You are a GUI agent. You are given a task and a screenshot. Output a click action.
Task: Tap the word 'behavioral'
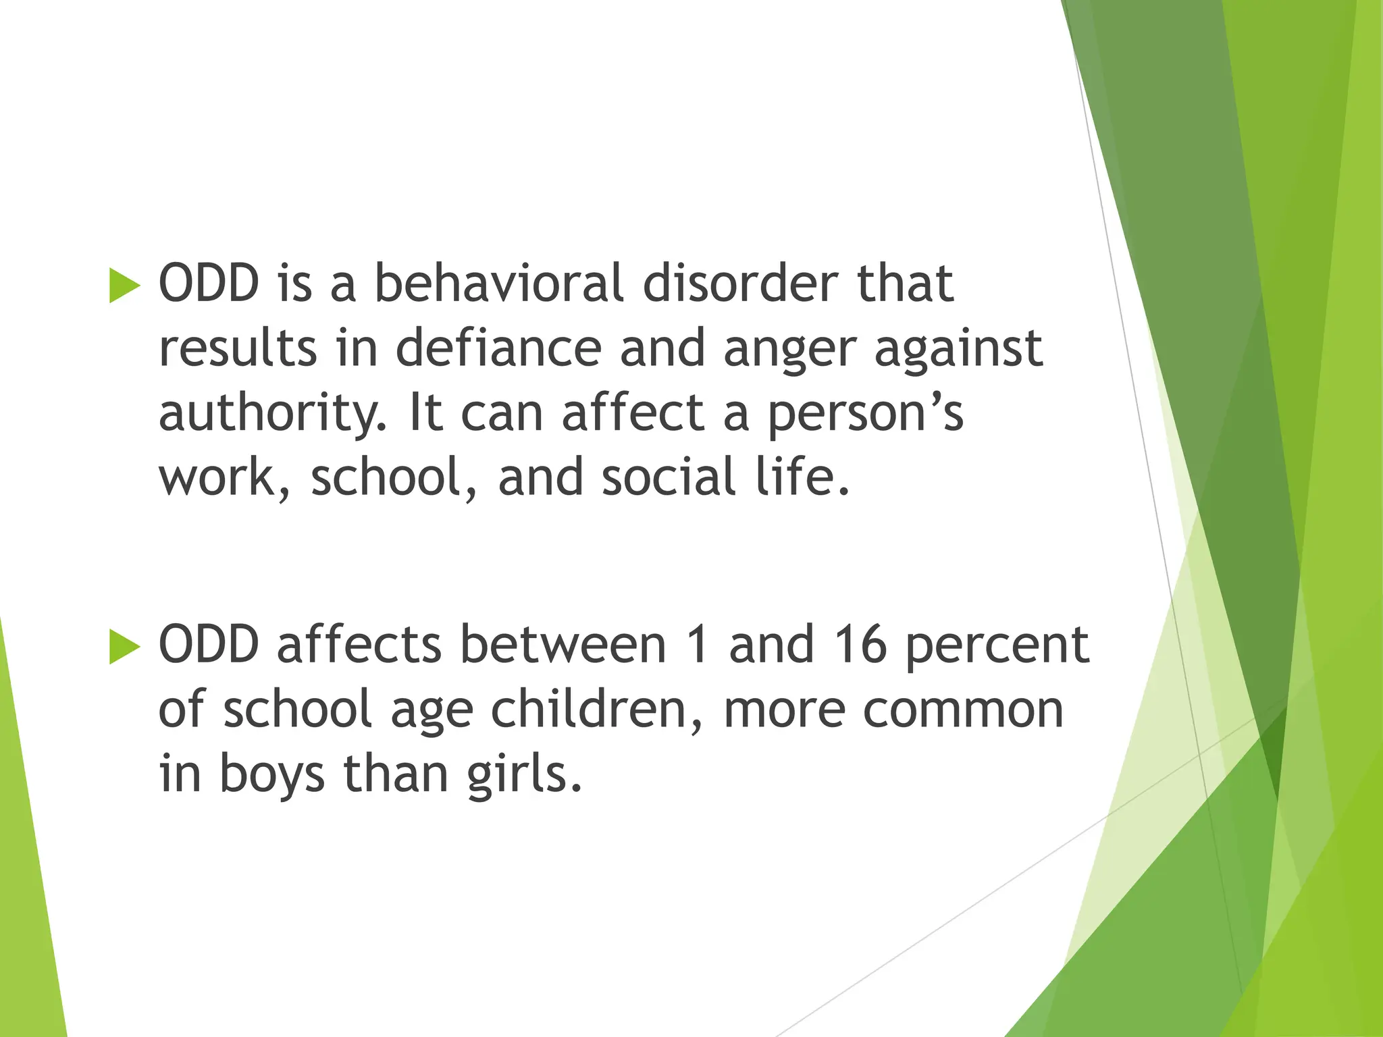tap(498, 284)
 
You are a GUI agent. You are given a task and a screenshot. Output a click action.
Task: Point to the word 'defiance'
tap(498, 348)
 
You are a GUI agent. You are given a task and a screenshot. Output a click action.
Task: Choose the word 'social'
tap(668, 477)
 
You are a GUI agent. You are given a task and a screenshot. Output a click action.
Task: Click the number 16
tap(860, 645)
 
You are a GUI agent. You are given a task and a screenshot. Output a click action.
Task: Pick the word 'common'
tap(963, 710)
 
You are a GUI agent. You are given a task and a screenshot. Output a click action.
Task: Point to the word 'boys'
tap(272, 775)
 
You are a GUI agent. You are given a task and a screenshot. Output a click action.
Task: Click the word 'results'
tap(238, 348)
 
